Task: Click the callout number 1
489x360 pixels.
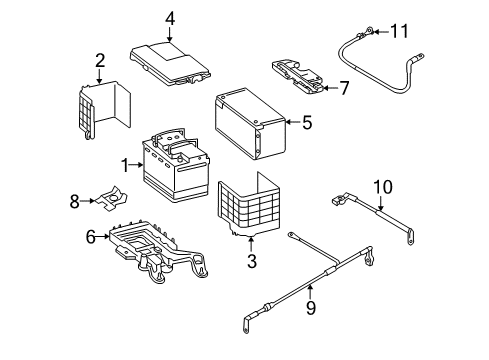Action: pos(125,166)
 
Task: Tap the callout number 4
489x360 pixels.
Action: pos(170,18)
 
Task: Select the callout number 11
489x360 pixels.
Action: pos(399,31)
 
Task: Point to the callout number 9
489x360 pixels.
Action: pos(311,308)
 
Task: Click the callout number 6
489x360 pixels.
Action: pos(91,237)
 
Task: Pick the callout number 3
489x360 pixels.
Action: pos(252,261)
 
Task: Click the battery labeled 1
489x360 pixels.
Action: pos(176,165)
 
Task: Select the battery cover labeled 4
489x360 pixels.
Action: pos(171,63)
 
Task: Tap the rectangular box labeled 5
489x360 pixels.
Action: pos(251,124)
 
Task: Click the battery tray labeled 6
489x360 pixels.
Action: pos(157,250)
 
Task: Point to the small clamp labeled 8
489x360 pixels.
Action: pos(112,199)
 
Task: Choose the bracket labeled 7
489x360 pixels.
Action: pos(298,77)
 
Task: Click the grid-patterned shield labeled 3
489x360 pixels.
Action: pos(249,204)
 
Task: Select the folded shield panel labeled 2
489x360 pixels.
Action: pos(103,109)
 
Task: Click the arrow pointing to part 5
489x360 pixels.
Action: pos(293,122)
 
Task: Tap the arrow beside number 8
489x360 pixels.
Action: pos(88,201)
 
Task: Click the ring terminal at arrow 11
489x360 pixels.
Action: pos(369,31)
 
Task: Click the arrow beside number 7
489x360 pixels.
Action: pos(330,88)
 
